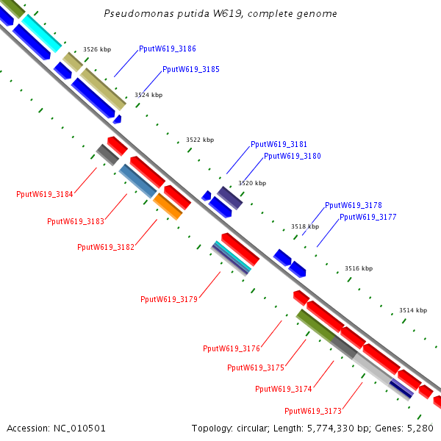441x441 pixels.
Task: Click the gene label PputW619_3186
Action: tap(167, 49)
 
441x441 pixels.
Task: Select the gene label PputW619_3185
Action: tap(190, 69)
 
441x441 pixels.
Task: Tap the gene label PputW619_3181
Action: tap(279, 145)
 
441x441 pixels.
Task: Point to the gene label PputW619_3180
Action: tap(292, 156)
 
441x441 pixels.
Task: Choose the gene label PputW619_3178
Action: tap(353, 206)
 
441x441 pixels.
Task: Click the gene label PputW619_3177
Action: tap(367, 218)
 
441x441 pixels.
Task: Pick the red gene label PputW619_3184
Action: tap(44, 195)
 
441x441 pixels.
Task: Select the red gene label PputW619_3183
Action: tap(75, 221)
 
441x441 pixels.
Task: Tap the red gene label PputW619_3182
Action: tap(105, 247)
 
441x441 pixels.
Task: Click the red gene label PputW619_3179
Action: tap(168, 299)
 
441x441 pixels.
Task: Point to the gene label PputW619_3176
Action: tap(231, 348)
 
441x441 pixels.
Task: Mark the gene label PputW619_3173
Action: tap(312, 411)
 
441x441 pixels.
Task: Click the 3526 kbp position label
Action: tap(97, 49)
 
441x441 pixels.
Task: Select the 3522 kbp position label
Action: tap(200, 140)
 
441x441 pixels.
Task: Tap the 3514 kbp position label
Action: tap(413, 310)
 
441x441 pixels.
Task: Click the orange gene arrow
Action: tap(168, 207)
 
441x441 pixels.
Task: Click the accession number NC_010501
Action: tap(80, 428)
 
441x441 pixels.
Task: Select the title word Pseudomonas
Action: tap(134, 14)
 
